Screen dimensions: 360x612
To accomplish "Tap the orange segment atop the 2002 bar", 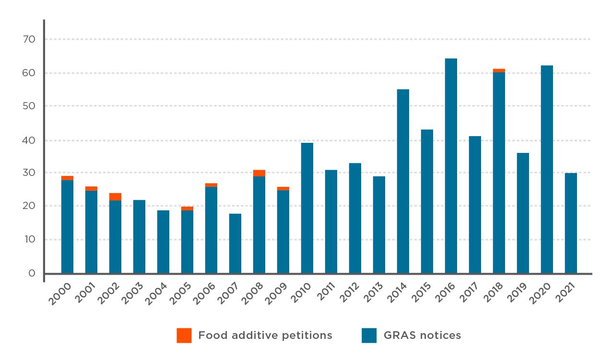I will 115,197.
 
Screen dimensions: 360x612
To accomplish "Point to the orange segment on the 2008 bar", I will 259,173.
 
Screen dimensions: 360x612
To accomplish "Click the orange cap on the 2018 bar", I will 499,70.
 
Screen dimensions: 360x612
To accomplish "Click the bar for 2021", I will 571,223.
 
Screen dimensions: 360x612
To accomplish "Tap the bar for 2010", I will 307,208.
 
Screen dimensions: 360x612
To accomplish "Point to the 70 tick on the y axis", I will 29,39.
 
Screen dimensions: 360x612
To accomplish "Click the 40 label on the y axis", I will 29,140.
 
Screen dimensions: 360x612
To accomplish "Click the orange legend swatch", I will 184,336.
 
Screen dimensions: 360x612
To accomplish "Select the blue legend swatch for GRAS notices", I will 369,336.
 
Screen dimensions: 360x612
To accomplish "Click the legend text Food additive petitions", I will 265,336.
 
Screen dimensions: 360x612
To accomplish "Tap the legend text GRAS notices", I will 422,336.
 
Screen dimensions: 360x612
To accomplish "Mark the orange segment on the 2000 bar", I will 67,178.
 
